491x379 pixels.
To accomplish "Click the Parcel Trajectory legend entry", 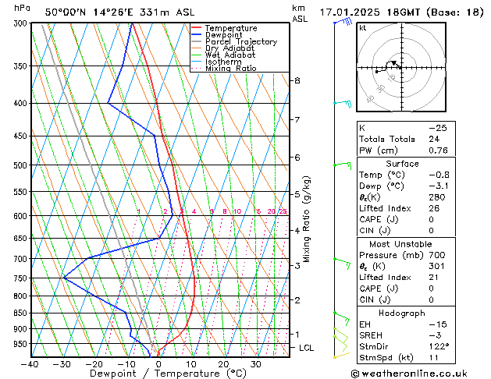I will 241,41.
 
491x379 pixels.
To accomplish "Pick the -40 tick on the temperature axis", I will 30,364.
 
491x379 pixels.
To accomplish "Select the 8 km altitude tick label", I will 297,80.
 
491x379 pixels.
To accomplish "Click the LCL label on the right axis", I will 306,348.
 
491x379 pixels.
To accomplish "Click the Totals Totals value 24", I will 434,139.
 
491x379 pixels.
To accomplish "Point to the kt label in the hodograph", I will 363,28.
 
